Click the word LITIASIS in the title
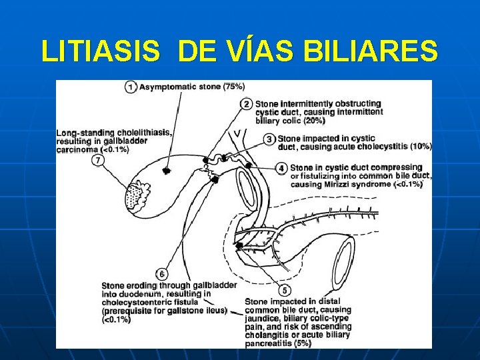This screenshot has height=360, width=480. click(101, 51)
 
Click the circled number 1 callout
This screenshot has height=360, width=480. click(131, 87)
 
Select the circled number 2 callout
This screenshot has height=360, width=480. click(247, 104)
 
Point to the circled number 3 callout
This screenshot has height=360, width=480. click(269, 139)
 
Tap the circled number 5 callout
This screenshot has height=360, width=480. click(285, 291)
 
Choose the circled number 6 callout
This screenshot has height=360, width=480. click(162, 273)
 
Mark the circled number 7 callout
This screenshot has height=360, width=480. click(99, 161)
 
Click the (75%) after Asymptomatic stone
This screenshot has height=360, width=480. click(233, 87)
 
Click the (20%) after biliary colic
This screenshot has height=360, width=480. click(314, 121)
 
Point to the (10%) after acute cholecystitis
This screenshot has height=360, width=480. click(421, 146)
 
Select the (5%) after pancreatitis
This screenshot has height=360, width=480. click(301, 344)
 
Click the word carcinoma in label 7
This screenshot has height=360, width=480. click(78, 150)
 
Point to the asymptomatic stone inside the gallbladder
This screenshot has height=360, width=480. click(166, 171)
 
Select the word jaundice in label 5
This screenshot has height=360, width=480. click(266, 319)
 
